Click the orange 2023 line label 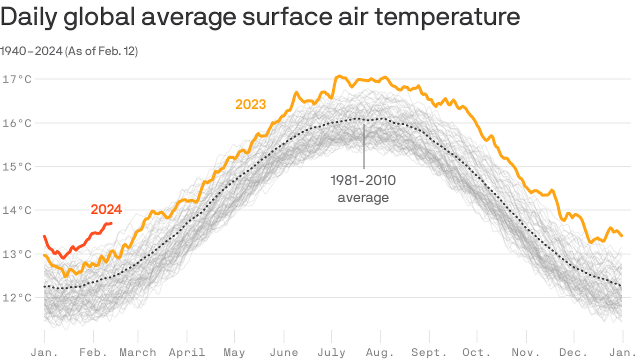tap(251, 104)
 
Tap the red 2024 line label tap(106, 210)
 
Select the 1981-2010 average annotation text tap(363, 188)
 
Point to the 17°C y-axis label tap(17, 79)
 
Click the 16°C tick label tap(17, 123)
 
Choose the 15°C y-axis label tap(17, 166)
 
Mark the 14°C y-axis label tap(17, 210)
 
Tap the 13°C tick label tap(17, 254)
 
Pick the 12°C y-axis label tap(17, 298)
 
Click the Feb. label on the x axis tap(93, 352)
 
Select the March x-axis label tap(138, 352)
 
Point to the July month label tap(332, 352)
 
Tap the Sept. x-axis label tap(429, 352)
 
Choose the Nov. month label tap(526, 352)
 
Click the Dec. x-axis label tap(574, 352)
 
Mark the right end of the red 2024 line tap(111, 224)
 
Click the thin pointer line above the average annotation tap(364, 145)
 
